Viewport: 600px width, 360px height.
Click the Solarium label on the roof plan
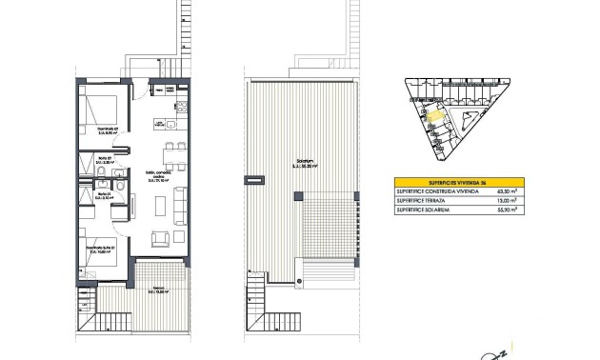(x=302, y=167)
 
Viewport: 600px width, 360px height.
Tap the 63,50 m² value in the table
(x=510, y=191)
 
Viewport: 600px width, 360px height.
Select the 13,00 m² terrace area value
(x=510, y=201)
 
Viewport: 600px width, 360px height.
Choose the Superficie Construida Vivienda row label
(x=437, y=191)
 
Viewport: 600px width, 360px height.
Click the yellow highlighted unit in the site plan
(x=434, y=118)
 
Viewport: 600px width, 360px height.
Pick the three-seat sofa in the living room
(x=181, y=203)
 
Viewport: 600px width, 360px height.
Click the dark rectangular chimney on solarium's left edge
(x=254, y=178)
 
